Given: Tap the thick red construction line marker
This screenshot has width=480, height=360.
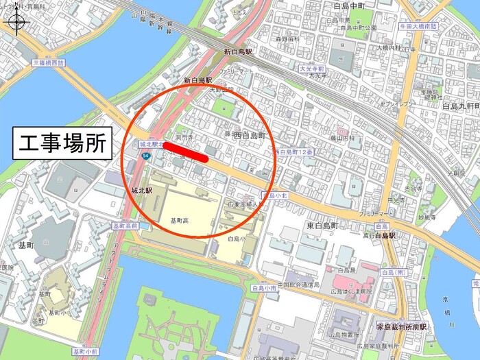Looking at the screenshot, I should point(186,152).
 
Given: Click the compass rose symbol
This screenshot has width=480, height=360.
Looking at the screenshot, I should point(16,24).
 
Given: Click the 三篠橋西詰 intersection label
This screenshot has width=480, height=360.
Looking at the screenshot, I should point(48,62).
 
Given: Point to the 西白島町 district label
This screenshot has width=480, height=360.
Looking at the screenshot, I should point(248,136).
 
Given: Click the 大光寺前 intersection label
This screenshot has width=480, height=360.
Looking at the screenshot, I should point(312,69).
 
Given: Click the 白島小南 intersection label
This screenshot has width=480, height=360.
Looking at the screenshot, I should point(265,289).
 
